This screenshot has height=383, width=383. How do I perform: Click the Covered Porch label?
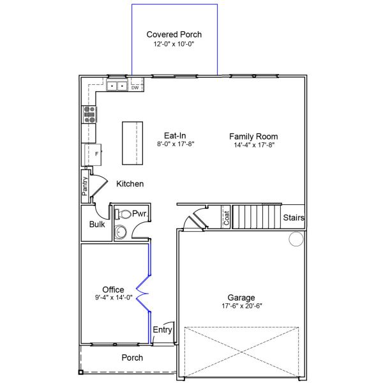tap(174, 34)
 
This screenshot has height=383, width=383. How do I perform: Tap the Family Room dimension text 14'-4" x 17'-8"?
tap(253, 145)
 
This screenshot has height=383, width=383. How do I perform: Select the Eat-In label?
tap(175, 135)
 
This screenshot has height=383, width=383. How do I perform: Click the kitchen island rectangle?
tap(131, 142)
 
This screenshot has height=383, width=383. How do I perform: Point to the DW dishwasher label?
tap(135, 87)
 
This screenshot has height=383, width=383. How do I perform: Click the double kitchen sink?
tap(116, 86)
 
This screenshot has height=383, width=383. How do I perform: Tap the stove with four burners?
tap(89, 114)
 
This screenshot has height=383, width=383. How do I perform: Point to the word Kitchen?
tap(130, 184)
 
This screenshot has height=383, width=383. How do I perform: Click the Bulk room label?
tap(97, 225)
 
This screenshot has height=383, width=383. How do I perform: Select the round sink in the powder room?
tap(121, 232)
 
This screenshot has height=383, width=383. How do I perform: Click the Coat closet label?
tap(226, 218)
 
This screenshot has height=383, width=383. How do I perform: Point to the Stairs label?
tap(294, 218)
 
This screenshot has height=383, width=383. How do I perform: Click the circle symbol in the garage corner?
tap(296, 239)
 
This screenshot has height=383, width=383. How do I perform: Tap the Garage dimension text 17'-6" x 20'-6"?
tap(241, 306)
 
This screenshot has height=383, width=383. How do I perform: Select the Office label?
tap(113, 290)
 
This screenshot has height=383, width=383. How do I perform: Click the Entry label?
tap(162, 330)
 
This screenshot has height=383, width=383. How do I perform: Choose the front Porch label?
tap(132, 357)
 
